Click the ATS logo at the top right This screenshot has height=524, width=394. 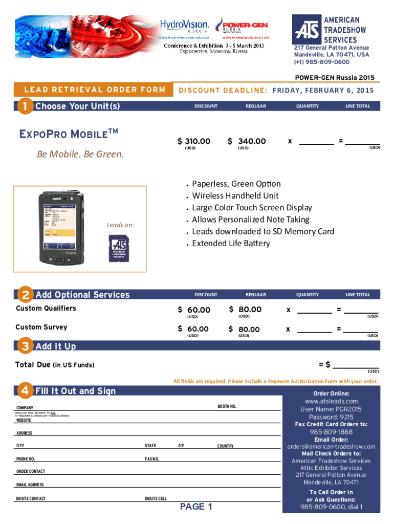click(307, 30)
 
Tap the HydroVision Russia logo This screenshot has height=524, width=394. click(184, 26)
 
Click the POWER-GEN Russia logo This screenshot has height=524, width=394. click(242, 26)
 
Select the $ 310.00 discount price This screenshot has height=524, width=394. click(194, 141)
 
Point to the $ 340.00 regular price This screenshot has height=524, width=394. click(247, 141)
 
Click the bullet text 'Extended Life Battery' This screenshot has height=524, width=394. click(231, 244)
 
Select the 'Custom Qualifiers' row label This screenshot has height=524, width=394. click(46, 308)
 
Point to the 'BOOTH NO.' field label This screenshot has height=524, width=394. click(227, 406)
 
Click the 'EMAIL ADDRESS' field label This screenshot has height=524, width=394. click(30, 484)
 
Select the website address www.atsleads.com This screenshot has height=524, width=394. click(331, 401)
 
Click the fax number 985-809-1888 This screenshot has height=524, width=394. click(331, 432)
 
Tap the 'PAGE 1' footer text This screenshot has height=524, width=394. click(196, 507)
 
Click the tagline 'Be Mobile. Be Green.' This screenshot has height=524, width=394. click(80, 154)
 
